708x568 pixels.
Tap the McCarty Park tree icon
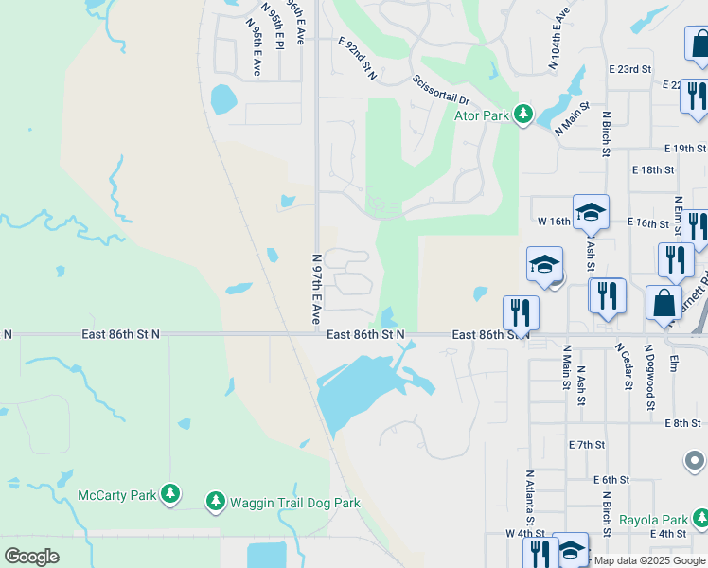[170, 493]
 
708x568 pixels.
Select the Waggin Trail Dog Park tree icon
[216, 501]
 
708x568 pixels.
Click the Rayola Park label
[653, 520]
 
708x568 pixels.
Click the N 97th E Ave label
[318, 288]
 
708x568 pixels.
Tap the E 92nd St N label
[358, 59]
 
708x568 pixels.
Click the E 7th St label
[587, 444]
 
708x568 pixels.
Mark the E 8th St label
[681, 423]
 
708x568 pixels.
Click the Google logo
[31, 557]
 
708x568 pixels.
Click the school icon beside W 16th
[591, 212]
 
